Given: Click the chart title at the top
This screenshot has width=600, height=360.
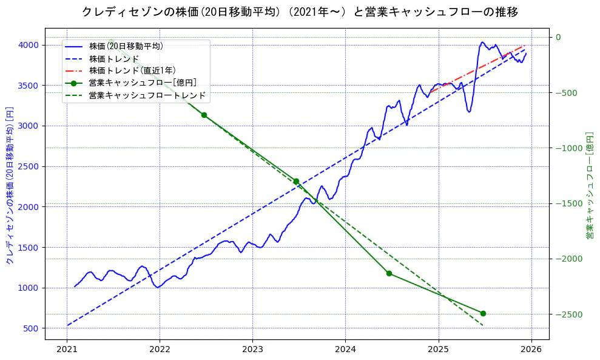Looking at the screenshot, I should point(300,12).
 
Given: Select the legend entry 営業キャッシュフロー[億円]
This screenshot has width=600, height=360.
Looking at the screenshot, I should point(142,83).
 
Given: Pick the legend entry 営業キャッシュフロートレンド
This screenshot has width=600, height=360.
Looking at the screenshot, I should point(147,95).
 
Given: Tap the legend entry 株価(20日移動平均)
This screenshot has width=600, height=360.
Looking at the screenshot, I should point(126,46).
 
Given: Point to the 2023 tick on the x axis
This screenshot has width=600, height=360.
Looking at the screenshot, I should point(252,350).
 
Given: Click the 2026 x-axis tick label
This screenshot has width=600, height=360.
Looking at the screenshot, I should point(531,350).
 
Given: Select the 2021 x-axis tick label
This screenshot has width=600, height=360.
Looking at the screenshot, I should point(67,350).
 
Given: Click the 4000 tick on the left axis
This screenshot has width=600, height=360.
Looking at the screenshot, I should point(28,45).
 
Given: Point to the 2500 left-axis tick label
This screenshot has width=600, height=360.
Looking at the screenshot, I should point(28,166).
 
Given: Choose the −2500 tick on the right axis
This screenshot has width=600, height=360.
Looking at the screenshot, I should point(567,314).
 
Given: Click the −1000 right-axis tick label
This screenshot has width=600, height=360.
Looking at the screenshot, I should point(567,148).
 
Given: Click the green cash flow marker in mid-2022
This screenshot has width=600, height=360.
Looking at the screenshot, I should point(204,115).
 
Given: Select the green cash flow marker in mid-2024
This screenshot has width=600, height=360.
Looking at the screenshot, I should point(389,273).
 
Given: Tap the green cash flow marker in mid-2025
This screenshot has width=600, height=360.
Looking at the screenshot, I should point(483,313).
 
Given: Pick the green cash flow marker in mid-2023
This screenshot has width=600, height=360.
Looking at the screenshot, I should point(296,181).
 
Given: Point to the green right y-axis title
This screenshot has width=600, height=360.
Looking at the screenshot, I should point(589,185).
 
